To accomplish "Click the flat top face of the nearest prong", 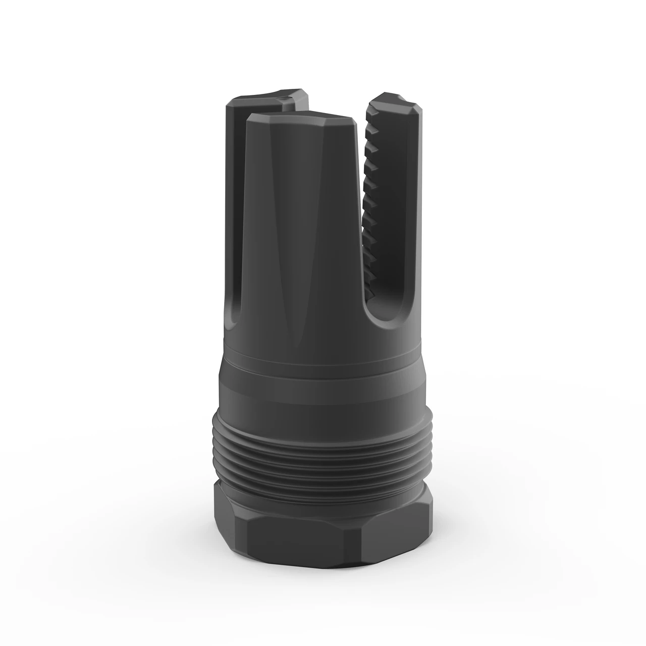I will (x=303, y=119).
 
